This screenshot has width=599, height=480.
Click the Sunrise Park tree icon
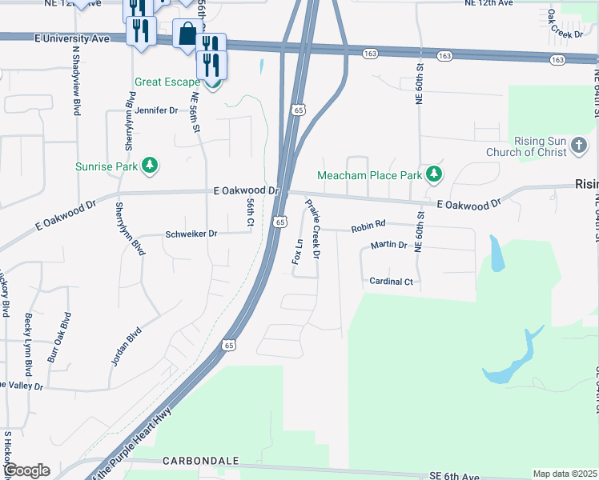click(x=149, y=166)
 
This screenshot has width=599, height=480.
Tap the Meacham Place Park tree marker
click(x=434, y=174)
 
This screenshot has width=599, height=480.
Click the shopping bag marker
click(x=187, y=34)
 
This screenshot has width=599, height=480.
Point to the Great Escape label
click(x=166, y=82)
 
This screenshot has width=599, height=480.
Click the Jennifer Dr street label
click(x=156, y=110)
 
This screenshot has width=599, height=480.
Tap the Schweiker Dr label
click(x=191, y=234)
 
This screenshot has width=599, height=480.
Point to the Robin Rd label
click(x=368, y=228)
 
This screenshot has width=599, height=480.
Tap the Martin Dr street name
click(x=389, y=245)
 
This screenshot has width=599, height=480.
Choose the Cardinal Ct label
click(x=391, y=282)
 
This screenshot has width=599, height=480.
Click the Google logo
click(x=26, y=470)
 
